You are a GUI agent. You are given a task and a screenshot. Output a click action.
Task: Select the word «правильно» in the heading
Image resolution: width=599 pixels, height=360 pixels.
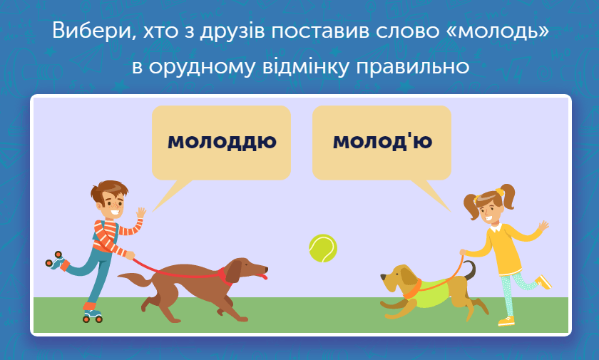tap(413, 67)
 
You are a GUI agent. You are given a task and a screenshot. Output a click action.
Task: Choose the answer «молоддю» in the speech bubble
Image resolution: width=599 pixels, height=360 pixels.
tap(222, 142)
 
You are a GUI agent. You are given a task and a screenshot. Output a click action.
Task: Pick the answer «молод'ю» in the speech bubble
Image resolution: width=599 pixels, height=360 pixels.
tap(382, 141)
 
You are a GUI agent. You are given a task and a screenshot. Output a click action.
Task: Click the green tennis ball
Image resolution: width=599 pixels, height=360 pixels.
tap(323, 248)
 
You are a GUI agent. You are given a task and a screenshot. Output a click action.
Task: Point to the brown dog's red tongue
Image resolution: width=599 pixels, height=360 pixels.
tap(262, 275)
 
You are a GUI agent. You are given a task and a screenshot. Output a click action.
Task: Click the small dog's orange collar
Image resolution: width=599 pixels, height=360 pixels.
tap(412, 289)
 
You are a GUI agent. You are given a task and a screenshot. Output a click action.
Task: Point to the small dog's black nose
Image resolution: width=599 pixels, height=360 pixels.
tap(382, 277)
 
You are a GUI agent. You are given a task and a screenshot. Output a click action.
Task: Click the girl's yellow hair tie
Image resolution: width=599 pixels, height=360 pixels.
tap(499, 192)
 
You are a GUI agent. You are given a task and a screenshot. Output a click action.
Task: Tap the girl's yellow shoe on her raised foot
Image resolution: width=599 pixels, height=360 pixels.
tap(544, 282)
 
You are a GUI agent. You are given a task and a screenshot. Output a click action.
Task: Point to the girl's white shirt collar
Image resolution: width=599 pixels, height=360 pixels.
tap(496, 228)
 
